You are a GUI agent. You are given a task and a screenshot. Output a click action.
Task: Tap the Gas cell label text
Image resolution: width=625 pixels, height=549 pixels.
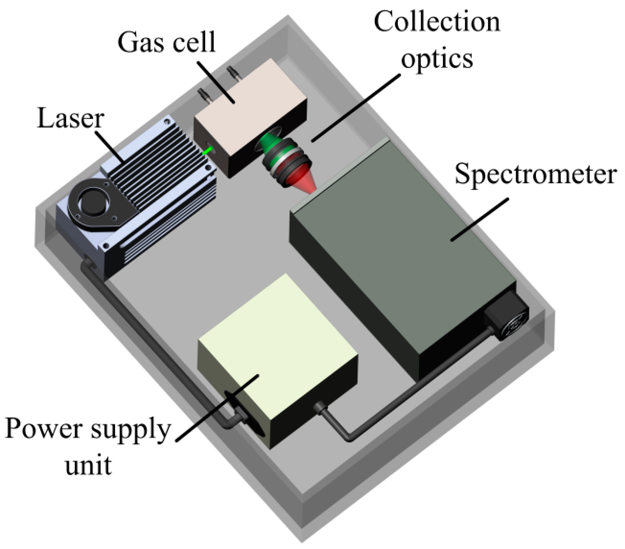click(x=167, y=43)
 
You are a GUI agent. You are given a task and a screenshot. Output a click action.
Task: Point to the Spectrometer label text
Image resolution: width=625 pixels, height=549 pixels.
click(x=535, y=174)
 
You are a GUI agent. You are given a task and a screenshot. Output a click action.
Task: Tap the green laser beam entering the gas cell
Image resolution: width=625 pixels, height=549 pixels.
click(x=208, y=151)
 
